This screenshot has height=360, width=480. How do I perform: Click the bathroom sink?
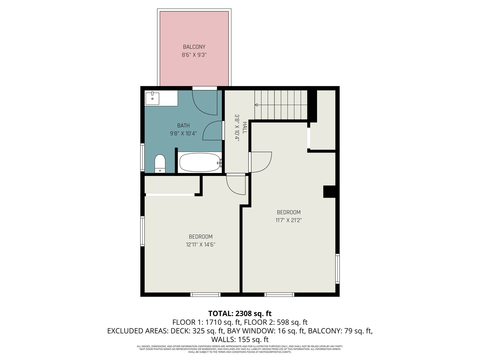coord(152,99)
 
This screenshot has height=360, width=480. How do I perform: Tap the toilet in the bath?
coord(160,163)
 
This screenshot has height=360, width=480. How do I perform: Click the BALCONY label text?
coord(194,47)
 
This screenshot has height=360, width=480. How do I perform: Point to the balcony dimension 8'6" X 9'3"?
coord(194,55)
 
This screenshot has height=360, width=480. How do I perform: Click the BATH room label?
coord(183,126)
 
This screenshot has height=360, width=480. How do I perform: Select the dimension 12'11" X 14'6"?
coord(201,245)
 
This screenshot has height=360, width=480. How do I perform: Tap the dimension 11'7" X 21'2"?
coord(289,220)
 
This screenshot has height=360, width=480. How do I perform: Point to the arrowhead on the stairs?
coord(256,105)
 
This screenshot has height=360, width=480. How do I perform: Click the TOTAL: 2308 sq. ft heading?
coord(240,314)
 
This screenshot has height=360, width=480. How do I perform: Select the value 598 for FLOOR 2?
coord(285,322)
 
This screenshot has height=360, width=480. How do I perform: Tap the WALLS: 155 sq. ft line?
coord(240,340)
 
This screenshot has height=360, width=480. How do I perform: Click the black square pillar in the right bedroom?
coord(329,192)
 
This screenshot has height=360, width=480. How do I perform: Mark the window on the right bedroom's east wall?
coord(337,269)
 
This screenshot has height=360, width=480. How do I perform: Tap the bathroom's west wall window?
coord(142,157)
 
